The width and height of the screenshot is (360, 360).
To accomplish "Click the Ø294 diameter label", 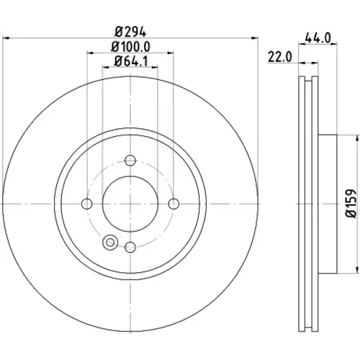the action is (x=130, y=32).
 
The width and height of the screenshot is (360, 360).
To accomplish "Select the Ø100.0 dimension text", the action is (x=130, y=47).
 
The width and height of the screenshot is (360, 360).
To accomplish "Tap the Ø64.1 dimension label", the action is (x=131, y=61).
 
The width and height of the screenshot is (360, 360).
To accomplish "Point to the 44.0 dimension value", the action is (x=318, y=38).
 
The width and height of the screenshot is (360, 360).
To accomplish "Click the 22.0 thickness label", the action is (x=280, y=58).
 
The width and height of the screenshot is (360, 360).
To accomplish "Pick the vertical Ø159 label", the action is (x=351, y=204).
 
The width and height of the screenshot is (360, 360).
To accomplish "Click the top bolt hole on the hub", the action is (x=130, y=161).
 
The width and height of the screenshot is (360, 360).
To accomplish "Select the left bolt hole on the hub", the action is (x=87, y=204).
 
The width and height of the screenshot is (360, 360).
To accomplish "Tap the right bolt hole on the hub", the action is (x=174, y=204).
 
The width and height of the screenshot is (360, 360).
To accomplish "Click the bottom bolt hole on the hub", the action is (x=130, y=247).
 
